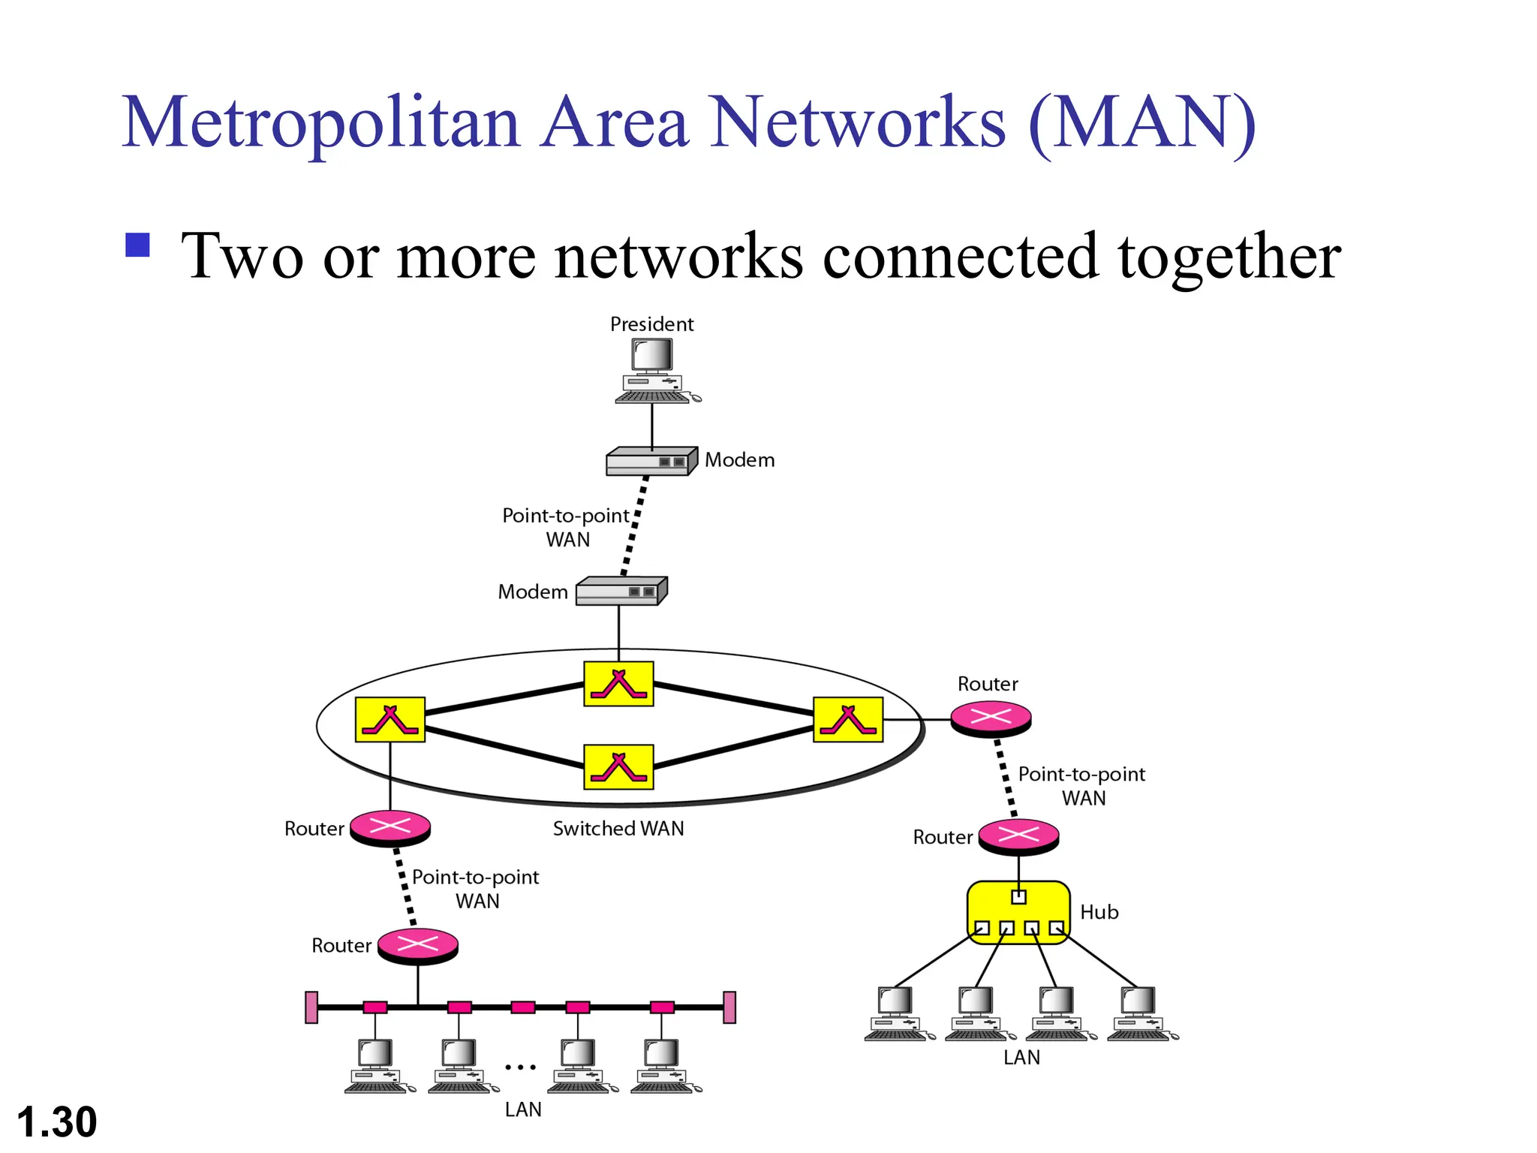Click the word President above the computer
pos(651,324)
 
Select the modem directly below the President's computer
pos(651,462)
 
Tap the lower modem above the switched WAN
pos(621,591)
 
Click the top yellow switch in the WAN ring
pos(618,684)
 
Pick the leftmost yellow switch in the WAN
pos(390,719)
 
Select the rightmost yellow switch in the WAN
pos(848,719)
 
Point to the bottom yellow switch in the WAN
pos(618,766)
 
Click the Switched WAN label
pos(618,829)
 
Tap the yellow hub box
pos(1018,912)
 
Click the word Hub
pos(1099,912)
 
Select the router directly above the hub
pos(1018,836)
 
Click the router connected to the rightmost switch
pos(991,718)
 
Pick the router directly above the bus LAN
pos(417,946)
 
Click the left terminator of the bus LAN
pos(311,1007)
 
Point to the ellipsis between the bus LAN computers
pos(520,1067)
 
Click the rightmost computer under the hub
pos(1141,1013)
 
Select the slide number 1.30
pos(57,1122)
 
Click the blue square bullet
pos(138,245)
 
